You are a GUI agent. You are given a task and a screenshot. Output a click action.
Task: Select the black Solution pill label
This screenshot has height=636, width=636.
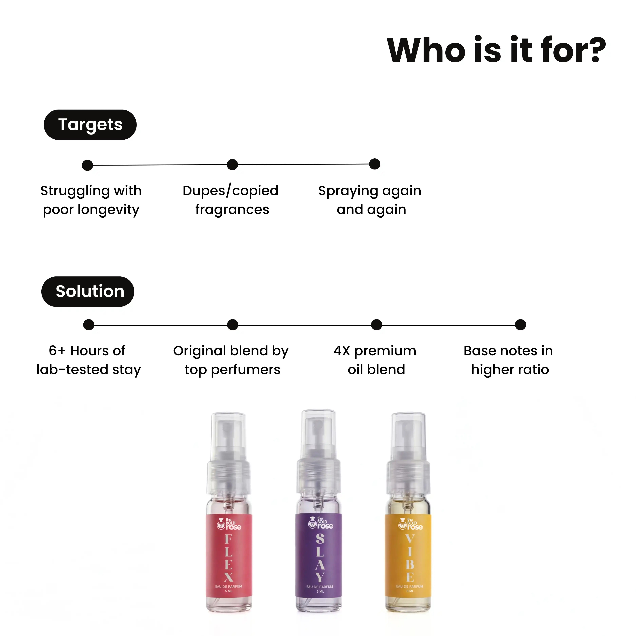point(88,292)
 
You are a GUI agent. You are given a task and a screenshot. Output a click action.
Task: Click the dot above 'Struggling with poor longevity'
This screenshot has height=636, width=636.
point(87,165)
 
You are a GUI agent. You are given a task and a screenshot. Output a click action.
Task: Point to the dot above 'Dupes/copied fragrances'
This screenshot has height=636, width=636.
point(232,165)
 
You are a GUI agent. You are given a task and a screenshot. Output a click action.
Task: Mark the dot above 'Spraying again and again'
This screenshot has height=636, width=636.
point(375,164)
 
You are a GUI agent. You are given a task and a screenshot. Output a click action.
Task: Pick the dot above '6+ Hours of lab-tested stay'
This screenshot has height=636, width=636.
point(89,325)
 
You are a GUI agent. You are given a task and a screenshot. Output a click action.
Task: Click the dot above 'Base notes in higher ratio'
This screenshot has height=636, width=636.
point(521,325)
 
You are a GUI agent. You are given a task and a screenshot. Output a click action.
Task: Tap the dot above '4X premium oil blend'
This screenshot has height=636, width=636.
point(377,325)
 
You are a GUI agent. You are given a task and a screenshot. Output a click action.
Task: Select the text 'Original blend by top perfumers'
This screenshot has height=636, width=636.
point(231,360)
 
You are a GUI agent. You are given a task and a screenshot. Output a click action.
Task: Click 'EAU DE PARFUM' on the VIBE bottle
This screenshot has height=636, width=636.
point(410,586)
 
